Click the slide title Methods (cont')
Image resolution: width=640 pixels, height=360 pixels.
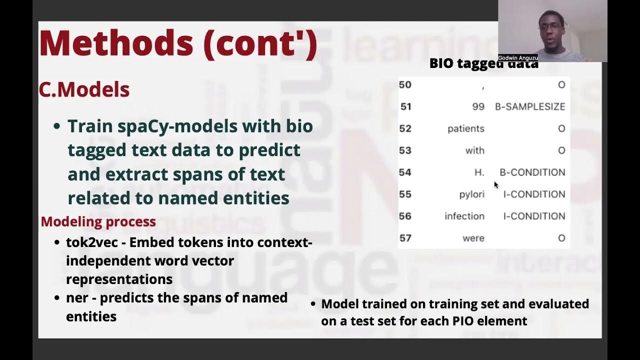coord(178,43)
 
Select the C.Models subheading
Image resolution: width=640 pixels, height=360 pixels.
coord(84,90)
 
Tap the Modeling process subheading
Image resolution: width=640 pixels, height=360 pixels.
coord(98,221)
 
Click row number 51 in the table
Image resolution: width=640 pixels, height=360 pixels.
coord(405,106)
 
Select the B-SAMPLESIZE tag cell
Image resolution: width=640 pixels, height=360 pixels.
coord(530,106)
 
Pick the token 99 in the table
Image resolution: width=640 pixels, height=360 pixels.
coord(478,106)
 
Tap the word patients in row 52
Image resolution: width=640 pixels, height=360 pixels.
coord(465,128)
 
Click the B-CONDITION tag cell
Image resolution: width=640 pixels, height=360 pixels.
coord(532,172)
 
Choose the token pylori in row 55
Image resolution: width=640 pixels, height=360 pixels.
coord(471,194)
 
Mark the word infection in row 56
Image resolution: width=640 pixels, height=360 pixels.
coord(464,216)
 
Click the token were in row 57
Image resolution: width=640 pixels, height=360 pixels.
coord(473,238)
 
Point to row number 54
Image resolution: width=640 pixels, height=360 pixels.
coord(405,172)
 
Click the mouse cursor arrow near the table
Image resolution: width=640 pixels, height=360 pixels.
coord(496,184)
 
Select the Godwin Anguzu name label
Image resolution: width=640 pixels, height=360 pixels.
coord(517,58)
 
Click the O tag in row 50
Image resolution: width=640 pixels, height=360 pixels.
coord(561,85)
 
